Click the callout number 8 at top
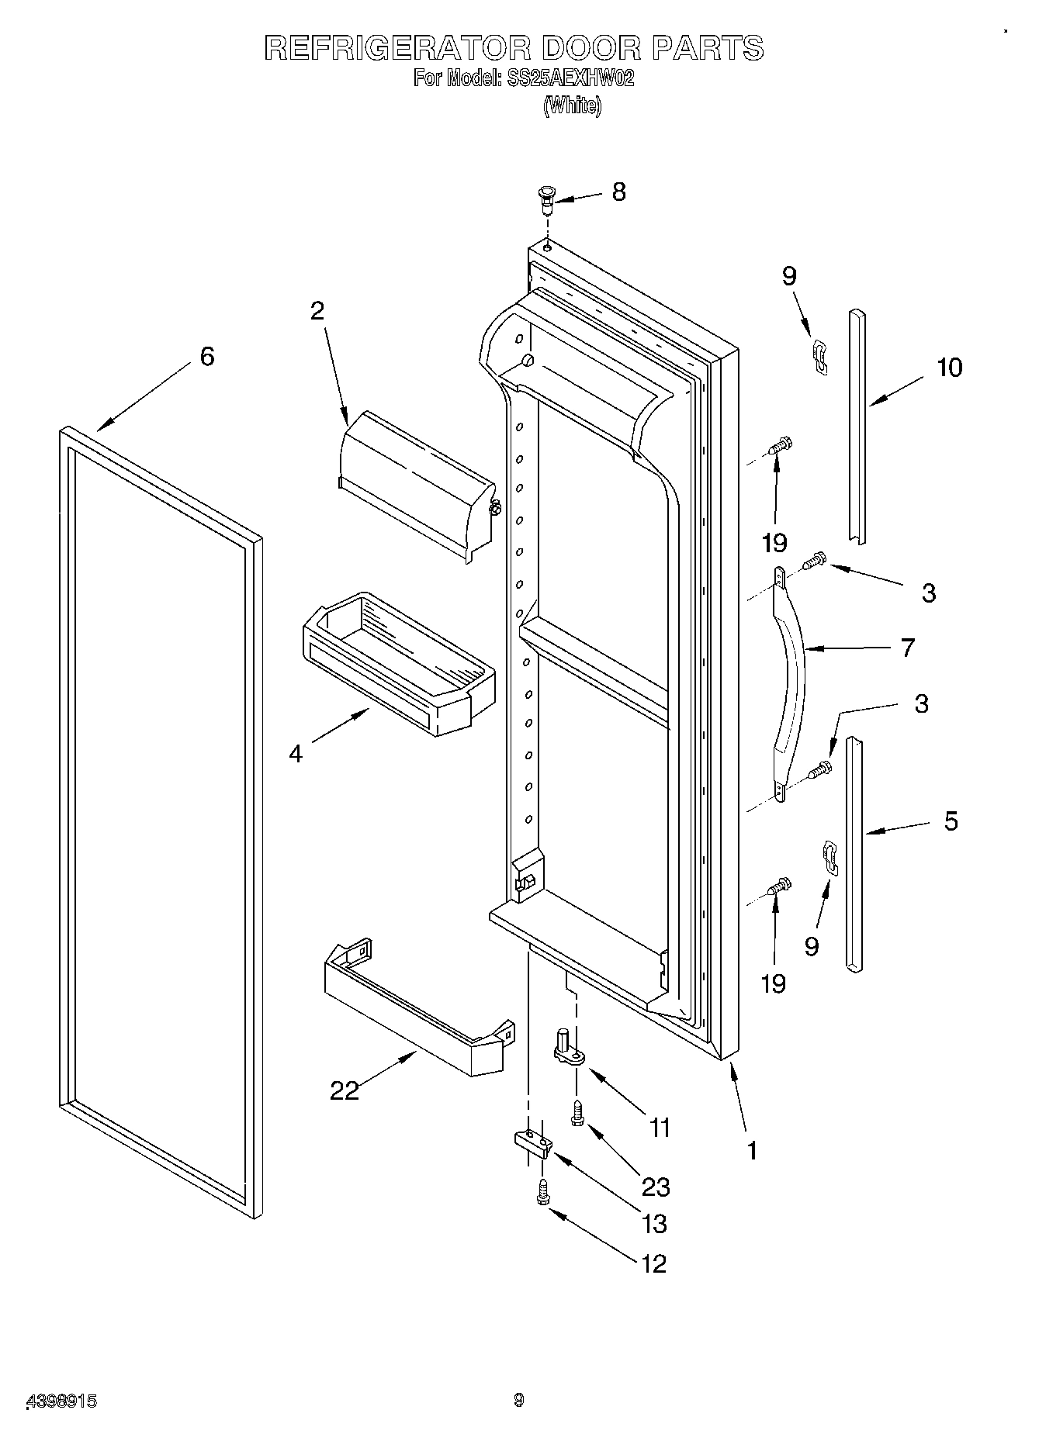tap(618, 192)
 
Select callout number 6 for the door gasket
tap(206, 356)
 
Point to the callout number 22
tap(345, 1090)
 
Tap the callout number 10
tap(949, 367)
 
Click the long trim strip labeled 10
tap(857, 427)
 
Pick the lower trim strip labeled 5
tap(854, 853)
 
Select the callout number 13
tap(655, 1223)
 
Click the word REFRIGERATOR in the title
tap(397, 48)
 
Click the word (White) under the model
tap(572, 105)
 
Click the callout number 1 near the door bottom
tap(750, 1149)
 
